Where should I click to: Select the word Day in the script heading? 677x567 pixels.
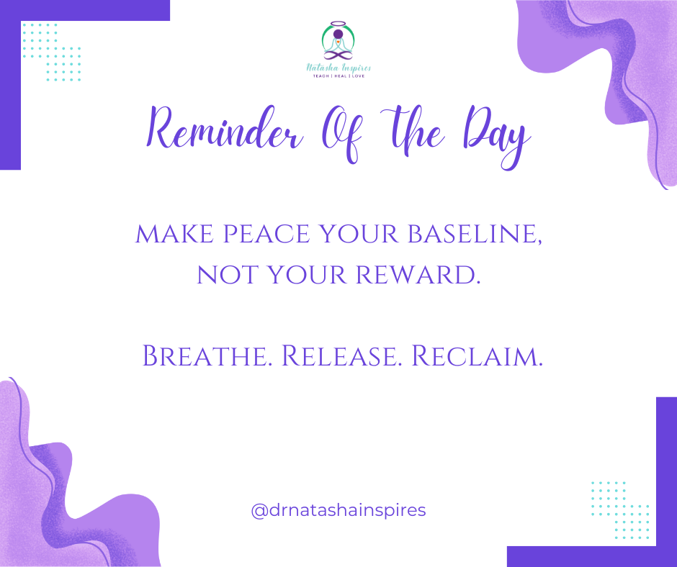coord(496,136)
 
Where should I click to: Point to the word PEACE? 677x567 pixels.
coord(266,234)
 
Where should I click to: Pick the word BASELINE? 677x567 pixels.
coord(475,235)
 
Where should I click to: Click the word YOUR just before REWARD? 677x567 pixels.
coord(308,275)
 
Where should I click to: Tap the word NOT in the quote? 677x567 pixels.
coord(228,275)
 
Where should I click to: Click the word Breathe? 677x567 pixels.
coord(207,356)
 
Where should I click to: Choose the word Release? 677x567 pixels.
coord(341,356)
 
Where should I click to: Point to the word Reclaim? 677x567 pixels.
coord(477,356)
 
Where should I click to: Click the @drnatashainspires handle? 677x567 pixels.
coord(338,510)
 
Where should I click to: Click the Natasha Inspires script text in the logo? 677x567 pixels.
coord(338,68)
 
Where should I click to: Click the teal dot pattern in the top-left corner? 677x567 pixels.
coord(51,53)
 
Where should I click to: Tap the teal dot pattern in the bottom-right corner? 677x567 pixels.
coord(620,510)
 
